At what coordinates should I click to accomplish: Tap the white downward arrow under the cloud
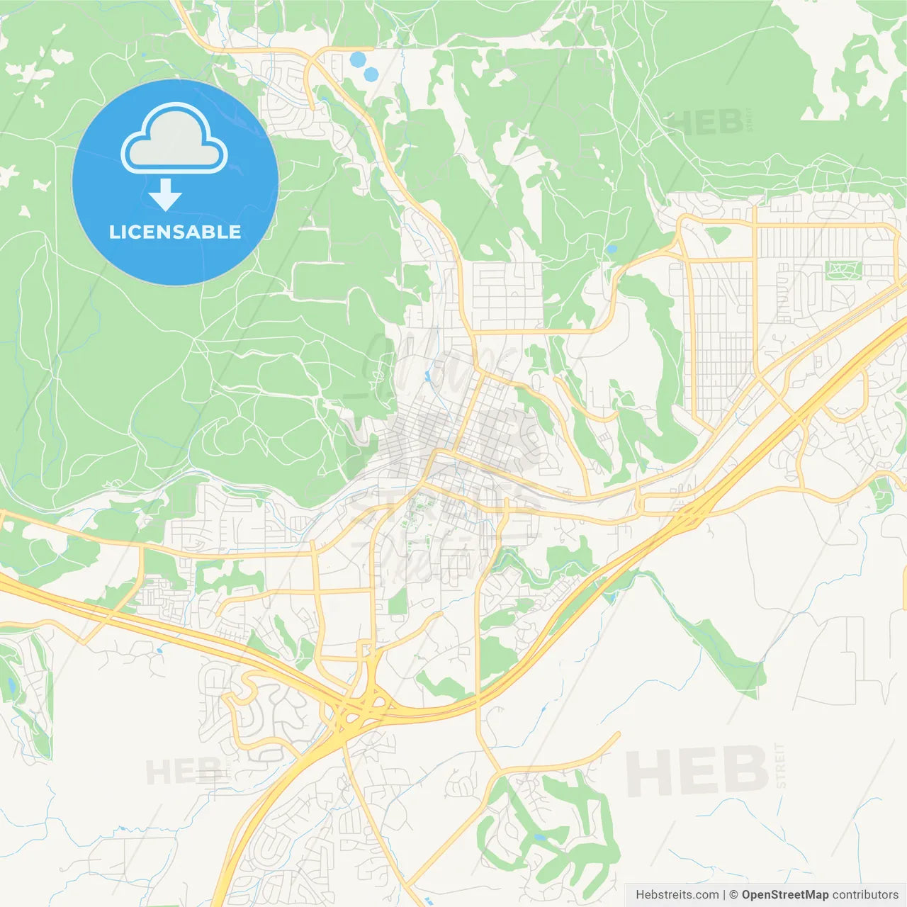point(165,195)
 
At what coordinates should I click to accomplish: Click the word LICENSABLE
point(175,232)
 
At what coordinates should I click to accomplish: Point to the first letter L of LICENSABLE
point(113,232)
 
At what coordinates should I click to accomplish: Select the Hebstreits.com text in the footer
point(677,895)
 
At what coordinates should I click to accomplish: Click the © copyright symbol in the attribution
point(733,895)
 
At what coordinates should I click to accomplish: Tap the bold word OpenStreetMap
point(784,895)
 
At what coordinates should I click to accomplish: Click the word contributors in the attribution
point(865,895)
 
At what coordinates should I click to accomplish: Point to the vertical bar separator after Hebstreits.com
point(723,895)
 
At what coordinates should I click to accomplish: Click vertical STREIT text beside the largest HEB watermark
point(781,766)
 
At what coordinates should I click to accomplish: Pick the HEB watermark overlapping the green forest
point(705,122)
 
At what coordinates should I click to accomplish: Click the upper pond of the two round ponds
point(358,60)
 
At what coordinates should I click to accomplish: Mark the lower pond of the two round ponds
point(371,74)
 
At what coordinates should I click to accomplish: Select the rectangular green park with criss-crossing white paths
point(843,269)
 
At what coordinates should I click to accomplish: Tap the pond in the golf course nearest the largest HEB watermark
point(540,837)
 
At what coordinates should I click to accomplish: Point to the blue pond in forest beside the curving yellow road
point(612,249)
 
